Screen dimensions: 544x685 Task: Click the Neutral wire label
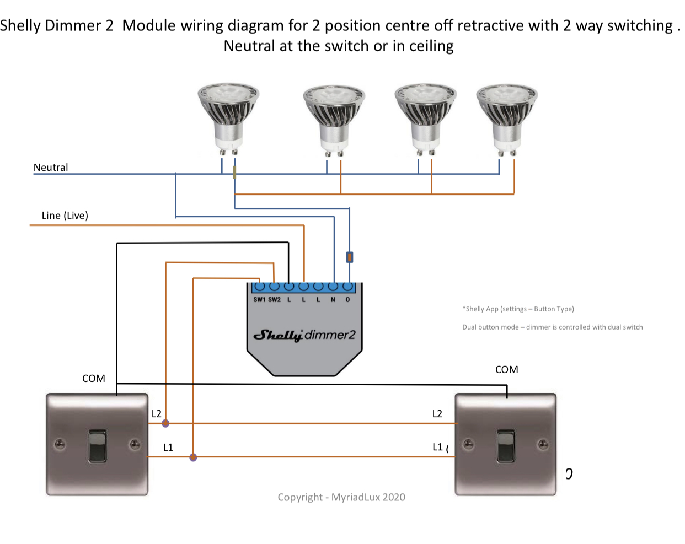pyautogui.click(x=51, y=168)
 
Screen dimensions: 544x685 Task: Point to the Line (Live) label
pyautogui.click(x=65, y=216)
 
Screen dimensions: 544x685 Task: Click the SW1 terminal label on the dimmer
pyautogui.click(x=259, y=300)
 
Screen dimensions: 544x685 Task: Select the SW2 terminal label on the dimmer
pyautogui.click(x=274, y=300)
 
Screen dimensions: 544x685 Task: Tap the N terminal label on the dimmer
pyautogui.click(x=333, y=300)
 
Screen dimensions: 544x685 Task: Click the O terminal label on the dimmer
pyautogui.click(x=347, y=300)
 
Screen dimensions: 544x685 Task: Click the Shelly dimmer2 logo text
pyautogui.click(x=304, y=335)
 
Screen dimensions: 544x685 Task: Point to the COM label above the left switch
pyautogui.click(x=94, y=379)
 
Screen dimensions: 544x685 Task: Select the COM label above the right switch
pyautogui.click(x=506, y=370)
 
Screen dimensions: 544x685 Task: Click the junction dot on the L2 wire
pyautogui.click(x=165, y=423)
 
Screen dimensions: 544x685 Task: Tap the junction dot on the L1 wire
pyautogui.click(x=193, y=457)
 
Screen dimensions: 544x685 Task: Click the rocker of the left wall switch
pyautogui.click(x=97, y=445)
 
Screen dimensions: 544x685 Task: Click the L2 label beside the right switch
pyautogui.click(x=437, y=414)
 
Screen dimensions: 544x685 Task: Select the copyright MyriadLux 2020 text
pyautogui.click(x=341, y=497)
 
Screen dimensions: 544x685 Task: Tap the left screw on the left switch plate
pyautogui.click(x=60, y=444)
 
